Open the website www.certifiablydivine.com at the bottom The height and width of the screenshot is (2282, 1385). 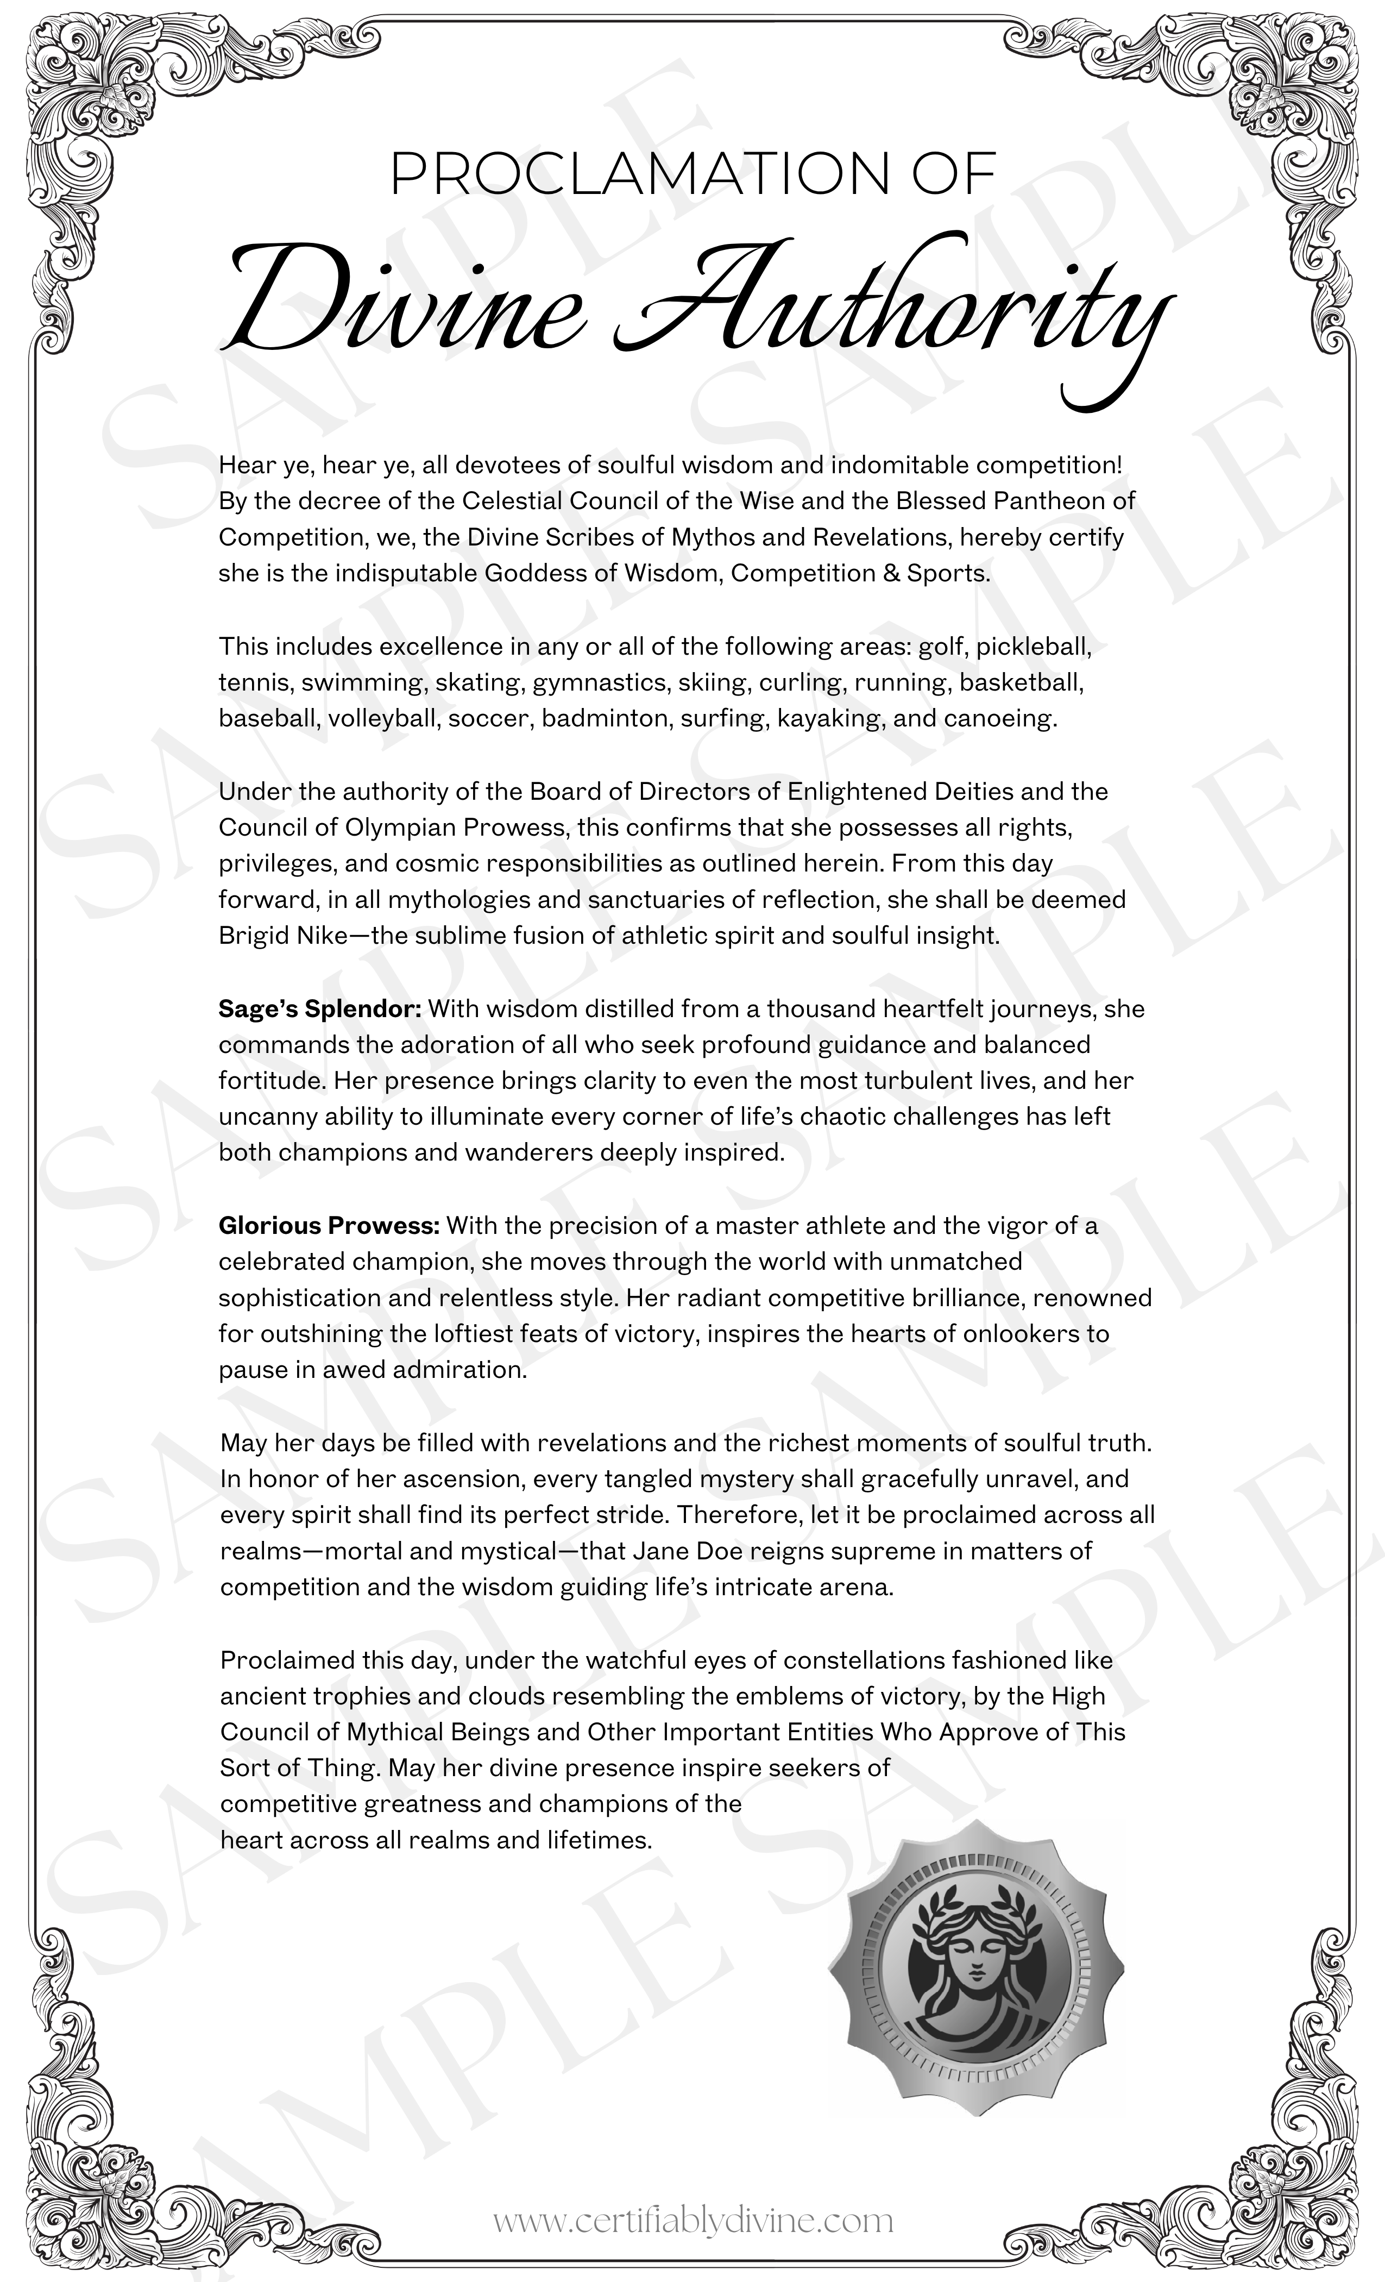pos(692,2221)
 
